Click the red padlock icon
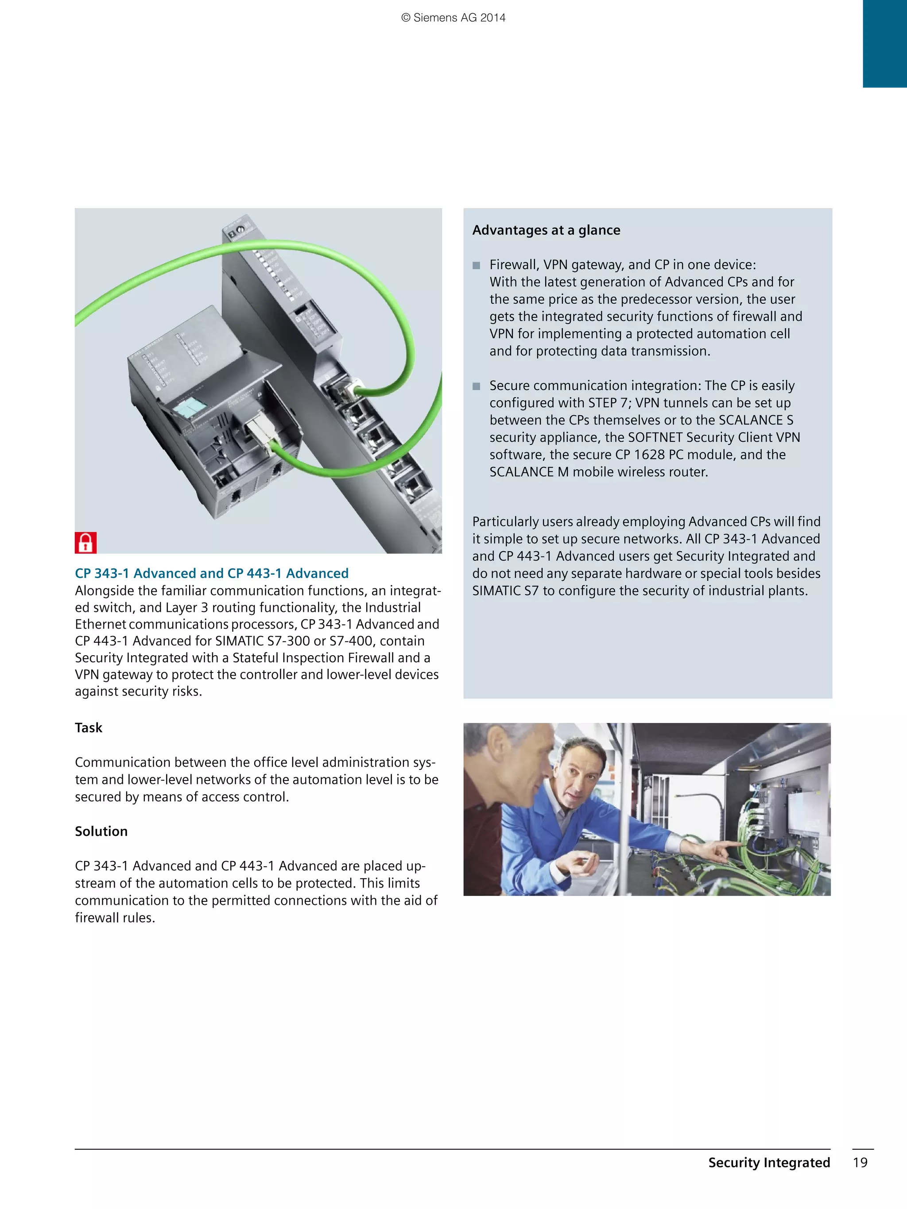pyautogui.click(x=85, y=542)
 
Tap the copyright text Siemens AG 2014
pyautogui.click(x=453, y=18)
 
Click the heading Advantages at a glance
pyautogui.click(x=546, y=230)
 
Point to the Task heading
pyautogui.click(x=89, y=727)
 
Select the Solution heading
pyautogui.click(x=101, y=831)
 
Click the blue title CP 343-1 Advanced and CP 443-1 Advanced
pyautogui.click(x=212, y=573)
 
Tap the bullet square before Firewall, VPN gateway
pyautogui.click(x=476, y=266)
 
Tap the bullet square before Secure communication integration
pyautogui.click(x=476, y=386)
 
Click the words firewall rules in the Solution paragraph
pyautogui.click(x=115, y=918)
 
